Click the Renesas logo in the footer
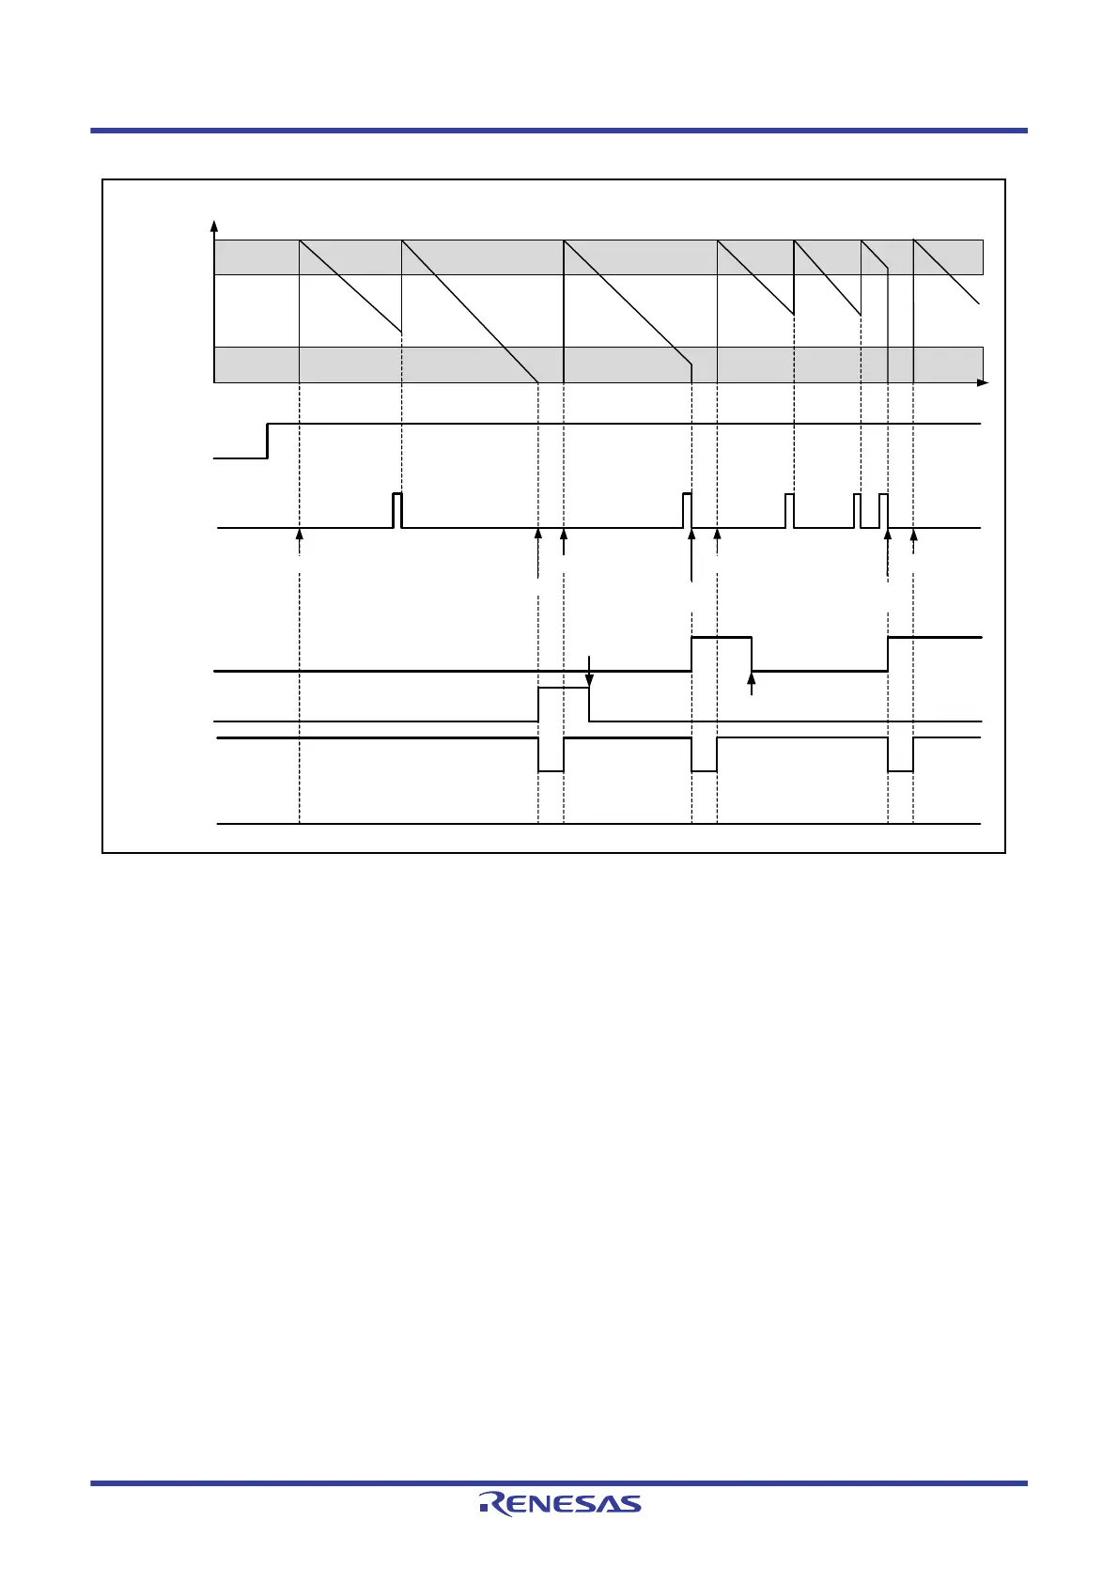coord(560,1503)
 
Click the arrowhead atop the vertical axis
coord(214,226)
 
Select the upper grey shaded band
coord(598,257)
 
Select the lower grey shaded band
coord(598,364)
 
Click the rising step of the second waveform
coord(268,442)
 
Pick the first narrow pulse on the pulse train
coord(396,510)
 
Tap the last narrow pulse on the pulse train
coord(883,510)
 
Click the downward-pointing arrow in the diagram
coord(589,673)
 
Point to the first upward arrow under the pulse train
coord(299,535)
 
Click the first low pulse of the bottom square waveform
coord(551,755)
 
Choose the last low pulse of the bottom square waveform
coord(900,755)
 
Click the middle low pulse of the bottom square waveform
coord(704,755)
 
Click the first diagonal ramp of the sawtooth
coord(349,286)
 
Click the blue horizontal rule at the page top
coord(559,131)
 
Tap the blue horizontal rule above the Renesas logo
coord(559,1483)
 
